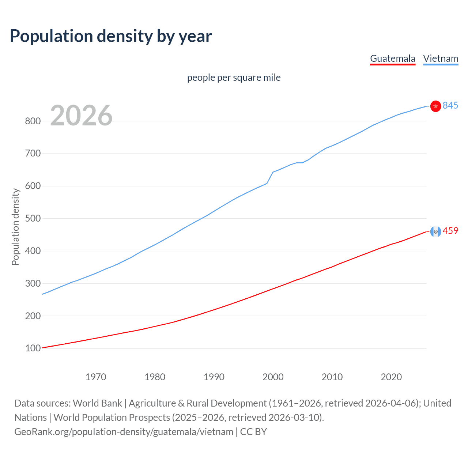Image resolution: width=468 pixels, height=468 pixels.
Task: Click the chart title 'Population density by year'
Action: tap(111, 36)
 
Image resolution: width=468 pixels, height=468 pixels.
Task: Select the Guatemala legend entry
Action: tap(393, 58)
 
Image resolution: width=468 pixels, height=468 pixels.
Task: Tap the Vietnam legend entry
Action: tap(441, 58)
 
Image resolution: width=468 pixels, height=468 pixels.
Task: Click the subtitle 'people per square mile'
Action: tap(234, 78)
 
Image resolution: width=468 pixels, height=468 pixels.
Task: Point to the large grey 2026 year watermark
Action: tap(81, 116)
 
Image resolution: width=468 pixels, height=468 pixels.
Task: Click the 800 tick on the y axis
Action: tap(33, 121)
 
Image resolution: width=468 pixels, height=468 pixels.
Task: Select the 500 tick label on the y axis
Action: tap(33, 219)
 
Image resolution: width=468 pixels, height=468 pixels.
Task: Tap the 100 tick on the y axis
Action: tap(33, 348)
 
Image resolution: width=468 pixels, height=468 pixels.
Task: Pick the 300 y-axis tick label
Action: tap(33, 283)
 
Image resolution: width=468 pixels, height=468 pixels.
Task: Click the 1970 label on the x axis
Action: tap(96, 377)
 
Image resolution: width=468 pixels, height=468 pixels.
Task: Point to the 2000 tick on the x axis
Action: tap(273, 377)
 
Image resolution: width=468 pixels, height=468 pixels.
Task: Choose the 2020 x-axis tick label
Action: tap(391, 377)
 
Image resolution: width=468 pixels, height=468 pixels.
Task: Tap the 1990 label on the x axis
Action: tap(214, 377)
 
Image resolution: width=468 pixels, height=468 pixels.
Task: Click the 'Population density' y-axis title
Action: tap(15, 227)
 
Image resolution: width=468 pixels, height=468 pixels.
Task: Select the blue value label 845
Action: tap(450, 105)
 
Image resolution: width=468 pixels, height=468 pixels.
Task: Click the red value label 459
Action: tap(450, 231)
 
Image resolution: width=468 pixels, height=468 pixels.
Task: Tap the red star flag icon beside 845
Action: tap(435, 106)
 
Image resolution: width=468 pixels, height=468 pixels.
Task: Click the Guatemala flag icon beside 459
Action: tap(435, 231)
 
